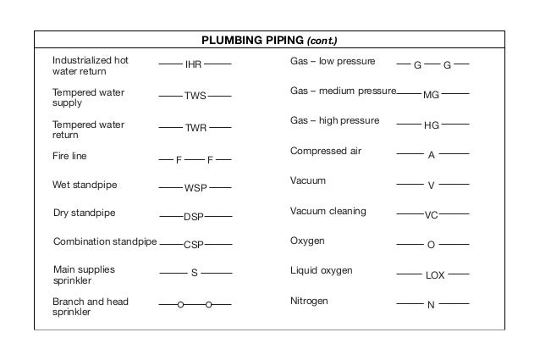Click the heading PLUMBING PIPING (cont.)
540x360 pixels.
pyautogui.click(x=269, y=40)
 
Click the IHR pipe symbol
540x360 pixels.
pyautogui.click(x=194, y=64)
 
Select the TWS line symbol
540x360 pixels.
pyautogui.click(x=195, y=96)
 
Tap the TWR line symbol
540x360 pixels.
pyautogui.click(x=195, y=128)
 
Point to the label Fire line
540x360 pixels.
pyautogui.click(x=69, y=156)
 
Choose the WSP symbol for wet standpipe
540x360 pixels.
pyautogui.click(x=195, y=186)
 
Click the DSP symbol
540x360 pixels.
pyautogui.click(x=194, y=217)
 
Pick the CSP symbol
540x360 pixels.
pyautogui.click(x=194, y=245)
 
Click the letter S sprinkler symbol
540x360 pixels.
pyautogui.click(x=194, y=273)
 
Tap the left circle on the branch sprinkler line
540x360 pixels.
pyautogui.click(x=180, y=304)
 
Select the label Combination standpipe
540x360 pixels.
pyautogui.click(x=105, y=241)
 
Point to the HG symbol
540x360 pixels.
pyautogui.click(x=431, y=125)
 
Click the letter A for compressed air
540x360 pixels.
pyautogui.click(x=431, y=155)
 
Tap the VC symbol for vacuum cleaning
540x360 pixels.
pyautogui.click(x=431, y=215)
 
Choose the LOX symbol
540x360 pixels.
pyautogui.click(x=433, y=275)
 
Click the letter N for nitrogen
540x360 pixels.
pyautogui.click(x=431, y=304)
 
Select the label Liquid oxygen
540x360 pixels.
pyautogui.click(x=321, y=270)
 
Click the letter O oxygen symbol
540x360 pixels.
pyautogui.click(x=431, y=245)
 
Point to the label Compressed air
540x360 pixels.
pyautogui.click(x=326, y=151)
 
